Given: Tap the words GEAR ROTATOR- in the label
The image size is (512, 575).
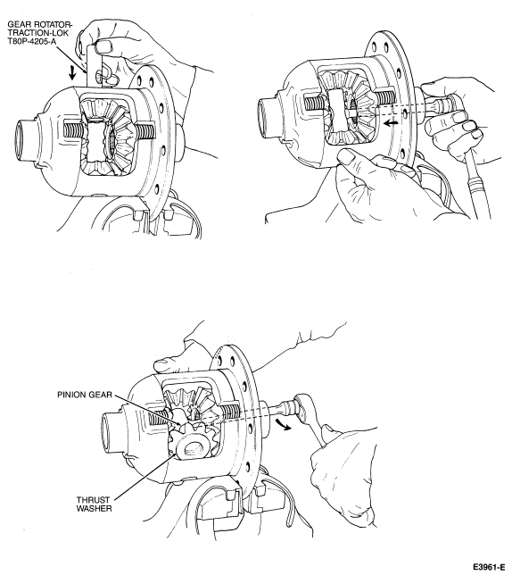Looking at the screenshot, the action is [40, 25].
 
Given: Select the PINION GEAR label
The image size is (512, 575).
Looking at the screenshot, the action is [84, 395].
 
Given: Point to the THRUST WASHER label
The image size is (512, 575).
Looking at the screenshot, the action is [95, 504].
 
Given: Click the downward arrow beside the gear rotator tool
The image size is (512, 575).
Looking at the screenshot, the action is [72, 72].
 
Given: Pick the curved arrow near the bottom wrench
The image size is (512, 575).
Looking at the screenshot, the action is [284, 424].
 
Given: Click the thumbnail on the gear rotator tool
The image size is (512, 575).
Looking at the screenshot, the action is [103, 47].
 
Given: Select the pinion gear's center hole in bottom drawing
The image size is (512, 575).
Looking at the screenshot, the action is [193, 447].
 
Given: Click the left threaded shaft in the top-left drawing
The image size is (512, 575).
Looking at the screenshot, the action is [75, 130].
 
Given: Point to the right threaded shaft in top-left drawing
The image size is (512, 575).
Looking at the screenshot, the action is [145, 131].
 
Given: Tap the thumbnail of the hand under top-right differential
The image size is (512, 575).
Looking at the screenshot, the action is [347, 158].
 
